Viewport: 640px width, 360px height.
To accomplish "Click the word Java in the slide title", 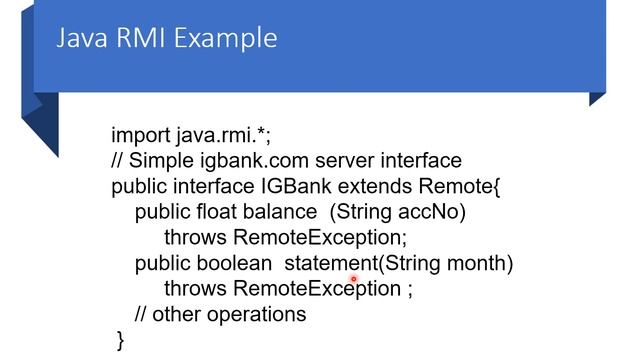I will [x=79, y=39].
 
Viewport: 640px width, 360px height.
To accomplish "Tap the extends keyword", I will [x=374, y=187].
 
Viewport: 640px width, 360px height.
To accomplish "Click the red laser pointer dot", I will [x=354, y=280].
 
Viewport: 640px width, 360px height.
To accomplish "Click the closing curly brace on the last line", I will [x=121, y=340].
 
